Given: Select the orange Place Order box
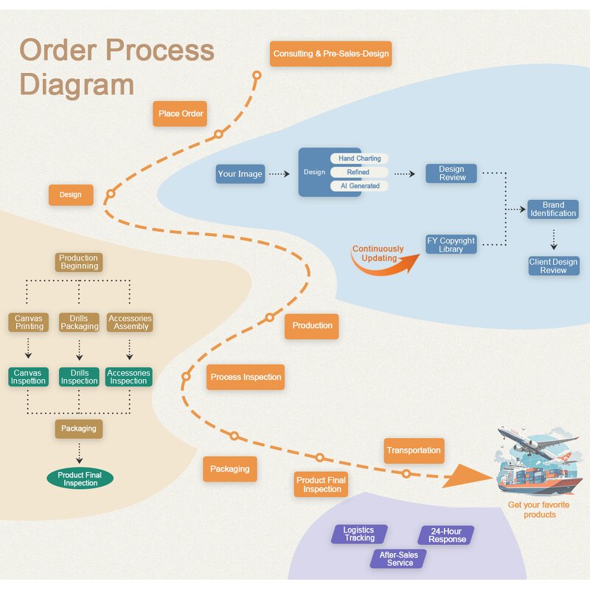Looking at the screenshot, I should pyautogui.click(x=181, y=114).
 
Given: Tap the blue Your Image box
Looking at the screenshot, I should pyautogui.click(x=240, y=174).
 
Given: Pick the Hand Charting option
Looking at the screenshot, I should pyautogui.click(x=359, y=159).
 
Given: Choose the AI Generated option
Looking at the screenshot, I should pyautogui.click(x=359, y=186).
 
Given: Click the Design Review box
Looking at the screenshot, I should pyautogui.click(x=451, y=173).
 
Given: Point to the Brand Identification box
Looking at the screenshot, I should pyautogui.click(x=553, y=209).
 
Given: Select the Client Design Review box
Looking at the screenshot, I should pyautogui.click(x=553, y=266).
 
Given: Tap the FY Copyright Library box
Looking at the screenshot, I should pyautogui.click(x=451, y=245).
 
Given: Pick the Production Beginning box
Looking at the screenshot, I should pyautogui.click(x=78, y=262).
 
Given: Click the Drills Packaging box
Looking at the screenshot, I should pyautogui.click(x=79, y=322).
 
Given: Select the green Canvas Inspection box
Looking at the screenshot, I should pyautogui.click(x=28, y=377).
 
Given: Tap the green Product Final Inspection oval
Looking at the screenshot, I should pyautogui.click(x=80, y=479).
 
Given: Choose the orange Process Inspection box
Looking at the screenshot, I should pyautogui.click(x=246, y=377).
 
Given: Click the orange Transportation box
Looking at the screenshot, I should pyautogui.click(x=414, y=450).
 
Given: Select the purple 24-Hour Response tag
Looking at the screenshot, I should pyautogui.click(x=447, y=535).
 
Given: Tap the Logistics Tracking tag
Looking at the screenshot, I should pyautogui.click(x=359, y=534).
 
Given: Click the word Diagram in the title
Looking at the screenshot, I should pyautogui.click(x=77, y=84).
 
